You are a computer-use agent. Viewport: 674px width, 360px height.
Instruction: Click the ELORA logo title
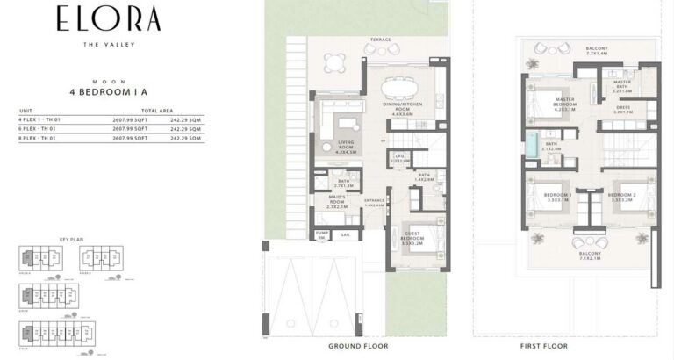[x=110, y=18]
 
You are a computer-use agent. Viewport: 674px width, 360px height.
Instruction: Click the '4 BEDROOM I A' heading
[x=110, y=90]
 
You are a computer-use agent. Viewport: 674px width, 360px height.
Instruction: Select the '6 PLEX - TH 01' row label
[x=36, y=128]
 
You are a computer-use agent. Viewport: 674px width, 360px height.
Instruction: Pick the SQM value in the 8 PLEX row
[x=185, y=138]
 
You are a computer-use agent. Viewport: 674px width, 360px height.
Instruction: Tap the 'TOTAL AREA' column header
[x=167, y=111]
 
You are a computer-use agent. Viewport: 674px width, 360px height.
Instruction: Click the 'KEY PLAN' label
[x=70, y=238]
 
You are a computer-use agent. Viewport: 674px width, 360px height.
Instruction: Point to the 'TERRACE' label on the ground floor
[x=380, y=40]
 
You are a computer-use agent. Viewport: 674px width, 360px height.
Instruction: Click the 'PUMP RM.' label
[x=322, y=235]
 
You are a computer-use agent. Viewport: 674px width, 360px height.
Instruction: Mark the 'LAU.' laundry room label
[x=399, y=159]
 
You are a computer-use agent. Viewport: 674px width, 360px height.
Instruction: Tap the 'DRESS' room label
[x=623, y=111]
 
